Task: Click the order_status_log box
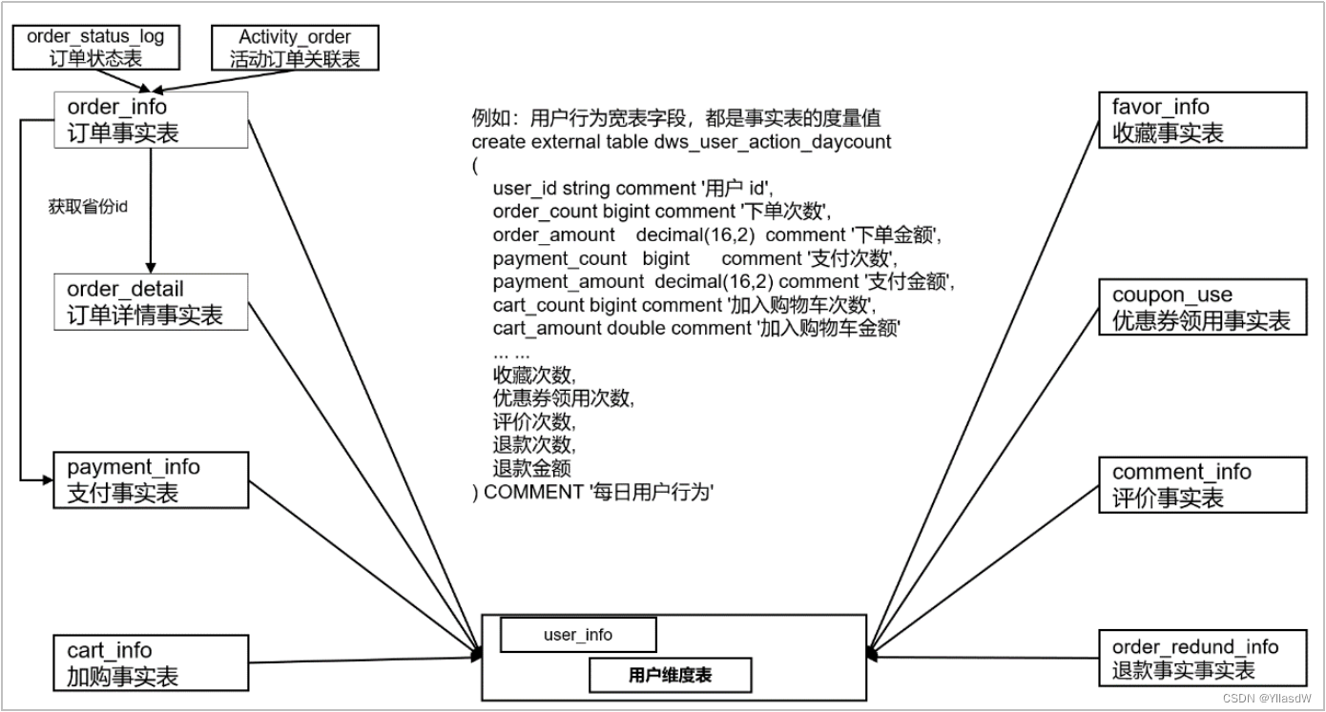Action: [95, 48]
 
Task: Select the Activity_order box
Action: [295, 48]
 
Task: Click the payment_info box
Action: [151, 480]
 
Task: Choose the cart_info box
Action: [151, 663]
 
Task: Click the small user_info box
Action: [578, 635]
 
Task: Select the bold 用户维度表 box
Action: [670, 676]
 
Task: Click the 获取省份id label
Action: [88, 207]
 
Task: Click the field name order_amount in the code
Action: [554, 234]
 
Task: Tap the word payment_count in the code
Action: [560, 258]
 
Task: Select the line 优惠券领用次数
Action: [563, 397]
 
